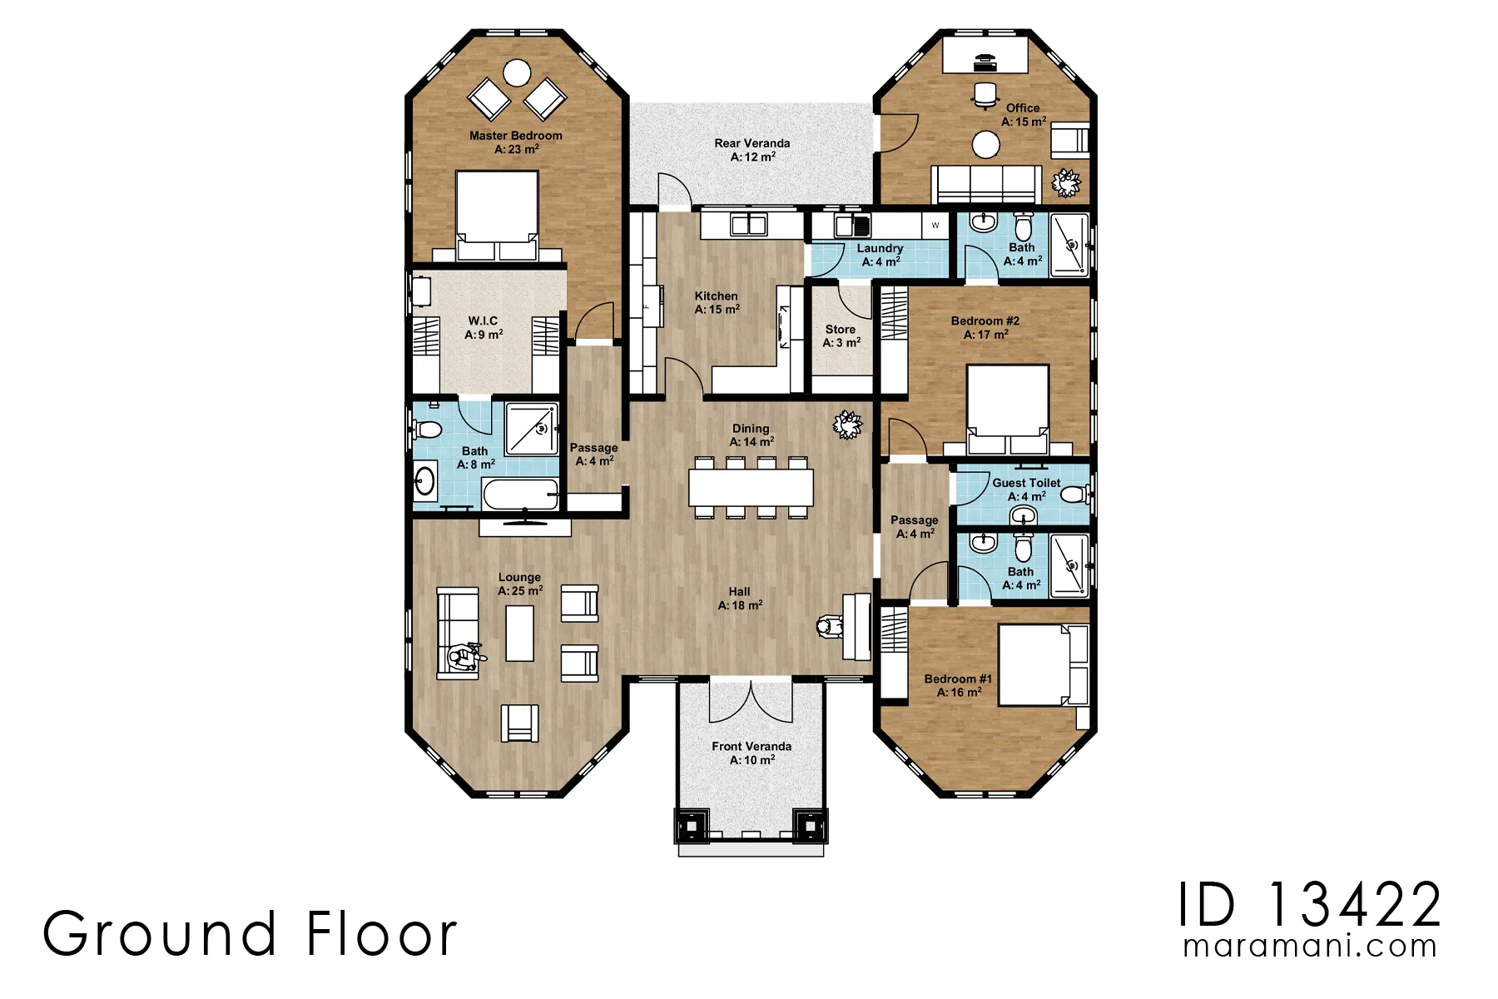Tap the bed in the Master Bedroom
coord(497,216)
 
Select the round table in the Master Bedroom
coord(517,72)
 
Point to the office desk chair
coord(985,96)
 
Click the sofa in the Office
coord(986,183)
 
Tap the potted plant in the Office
coord(1066,182)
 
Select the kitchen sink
coord(748,224)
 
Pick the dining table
coord(751,487)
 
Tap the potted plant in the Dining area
coord(848,425)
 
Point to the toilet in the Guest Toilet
coord(1076,495)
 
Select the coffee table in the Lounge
coord(520,633)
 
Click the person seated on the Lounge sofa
coord(464,658)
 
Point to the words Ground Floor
coord(250,933)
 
